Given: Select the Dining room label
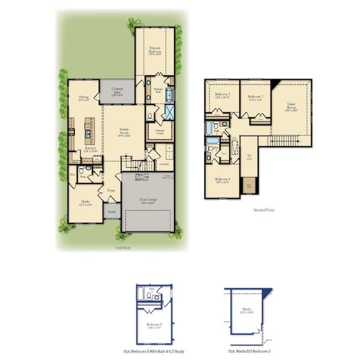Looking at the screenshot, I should tap(84, 98).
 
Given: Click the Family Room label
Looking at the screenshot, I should tap(124, 131).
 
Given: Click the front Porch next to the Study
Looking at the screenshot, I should tap(112, 212).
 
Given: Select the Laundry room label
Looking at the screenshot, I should tap(163, 163).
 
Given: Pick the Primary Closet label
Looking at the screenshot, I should tap(160, 131).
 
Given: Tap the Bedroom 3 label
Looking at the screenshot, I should tap(223, 96).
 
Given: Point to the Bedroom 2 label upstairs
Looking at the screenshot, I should tap(256, 96).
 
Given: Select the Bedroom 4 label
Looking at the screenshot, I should tap(221, 180).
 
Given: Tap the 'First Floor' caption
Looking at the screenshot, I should tap(122, 247).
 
